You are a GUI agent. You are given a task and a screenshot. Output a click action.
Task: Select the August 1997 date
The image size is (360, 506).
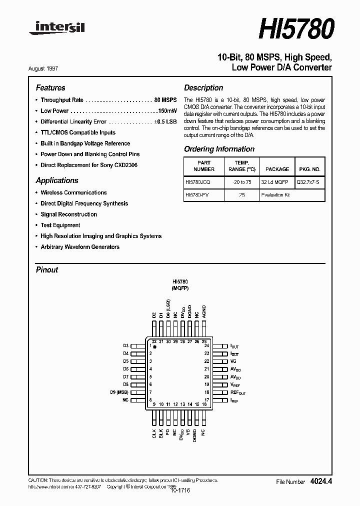coord(50,68)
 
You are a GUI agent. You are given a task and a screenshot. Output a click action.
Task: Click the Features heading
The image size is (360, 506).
coord(50,87)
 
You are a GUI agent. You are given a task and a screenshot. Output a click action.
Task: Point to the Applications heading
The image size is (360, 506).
coord(57,180)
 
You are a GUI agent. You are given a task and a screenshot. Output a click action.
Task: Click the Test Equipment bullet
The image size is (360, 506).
coord(60,225)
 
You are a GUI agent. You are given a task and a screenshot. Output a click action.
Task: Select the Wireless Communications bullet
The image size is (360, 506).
coord(73,192)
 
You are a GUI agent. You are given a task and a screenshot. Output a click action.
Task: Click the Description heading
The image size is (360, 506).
coord(203,87)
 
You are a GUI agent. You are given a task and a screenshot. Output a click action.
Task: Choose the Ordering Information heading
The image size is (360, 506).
coord(219,149)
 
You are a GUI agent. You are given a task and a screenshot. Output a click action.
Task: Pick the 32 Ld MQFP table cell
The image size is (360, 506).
coord(277,183)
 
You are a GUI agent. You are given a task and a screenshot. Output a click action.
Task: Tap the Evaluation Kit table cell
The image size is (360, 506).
coord(275,195)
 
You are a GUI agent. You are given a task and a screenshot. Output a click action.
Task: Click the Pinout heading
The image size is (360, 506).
coord(47,269)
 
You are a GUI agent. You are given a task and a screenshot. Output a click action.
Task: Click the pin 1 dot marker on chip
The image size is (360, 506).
coord(155,346)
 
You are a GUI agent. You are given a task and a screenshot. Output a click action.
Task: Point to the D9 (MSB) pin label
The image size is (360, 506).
coord(119,392)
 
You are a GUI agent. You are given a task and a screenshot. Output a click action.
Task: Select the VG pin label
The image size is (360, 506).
coord(233,361)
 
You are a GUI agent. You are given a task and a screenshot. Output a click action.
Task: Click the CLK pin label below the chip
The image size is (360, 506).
coord(154,433)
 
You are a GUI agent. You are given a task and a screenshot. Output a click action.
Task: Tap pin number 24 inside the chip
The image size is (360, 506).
coord(206,346)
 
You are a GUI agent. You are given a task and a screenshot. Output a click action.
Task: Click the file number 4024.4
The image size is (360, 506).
coord(321,481)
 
